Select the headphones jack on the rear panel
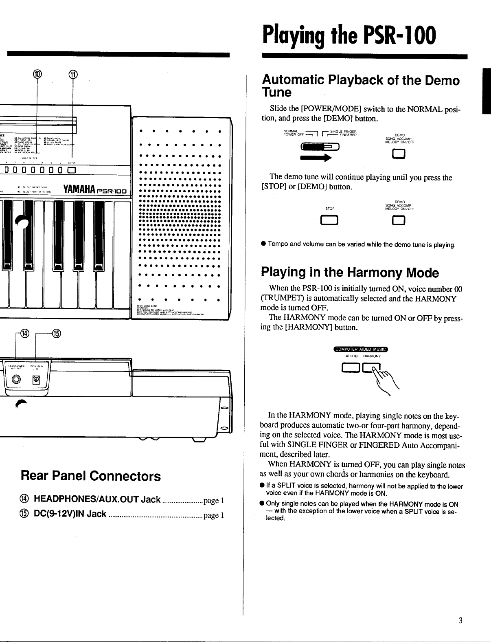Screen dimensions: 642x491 [x=16, y=380]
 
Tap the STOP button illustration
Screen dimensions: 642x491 [x=330, y=221]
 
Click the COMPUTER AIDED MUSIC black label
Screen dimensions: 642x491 [x=361, y=349]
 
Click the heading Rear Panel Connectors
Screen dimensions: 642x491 [x=91, y=476]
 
